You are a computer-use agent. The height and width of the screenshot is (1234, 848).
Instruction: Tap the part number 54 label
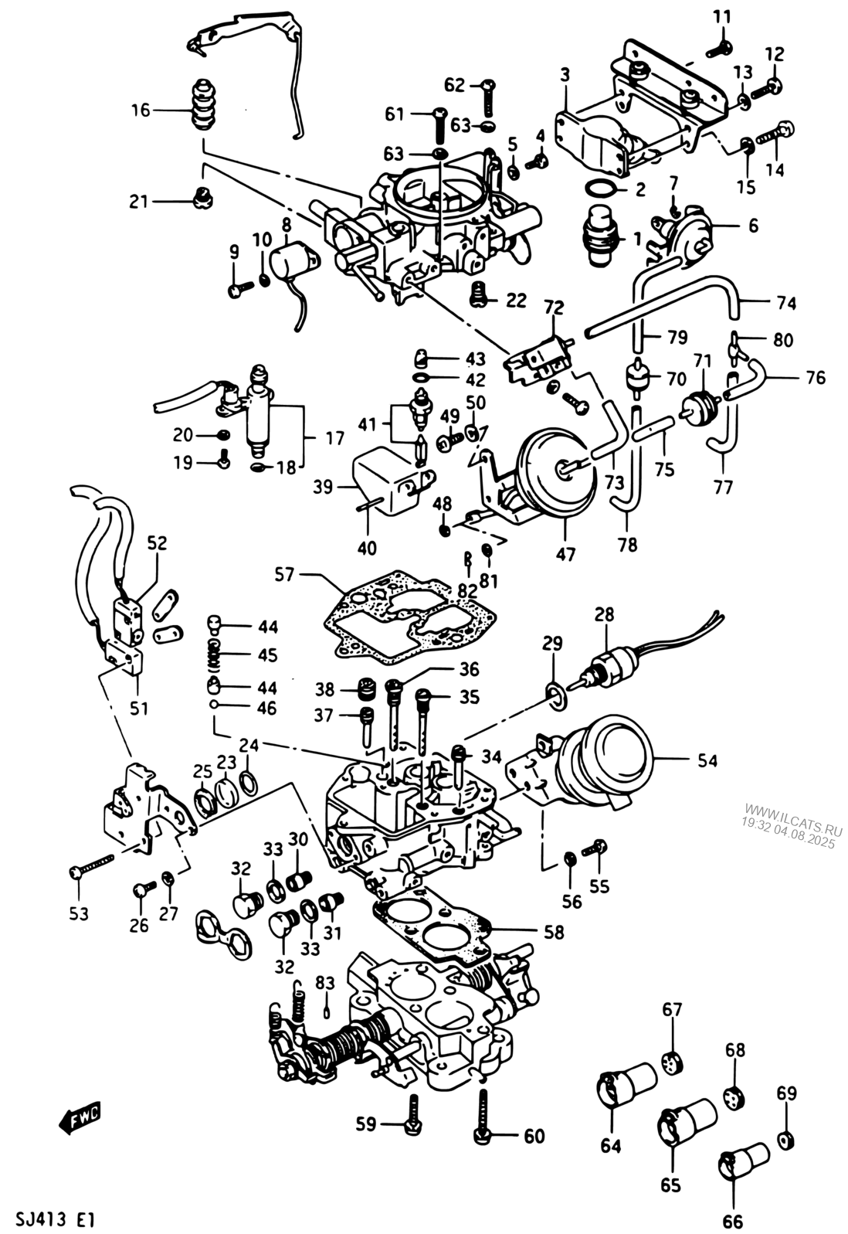[x=706, y=761]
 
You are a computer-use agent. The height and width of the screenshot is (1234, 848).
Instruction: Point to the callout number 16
[x=140, y=110]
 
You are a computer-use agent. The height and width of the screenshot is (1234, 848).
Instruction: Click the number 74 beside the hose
[x=785, y=303]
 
